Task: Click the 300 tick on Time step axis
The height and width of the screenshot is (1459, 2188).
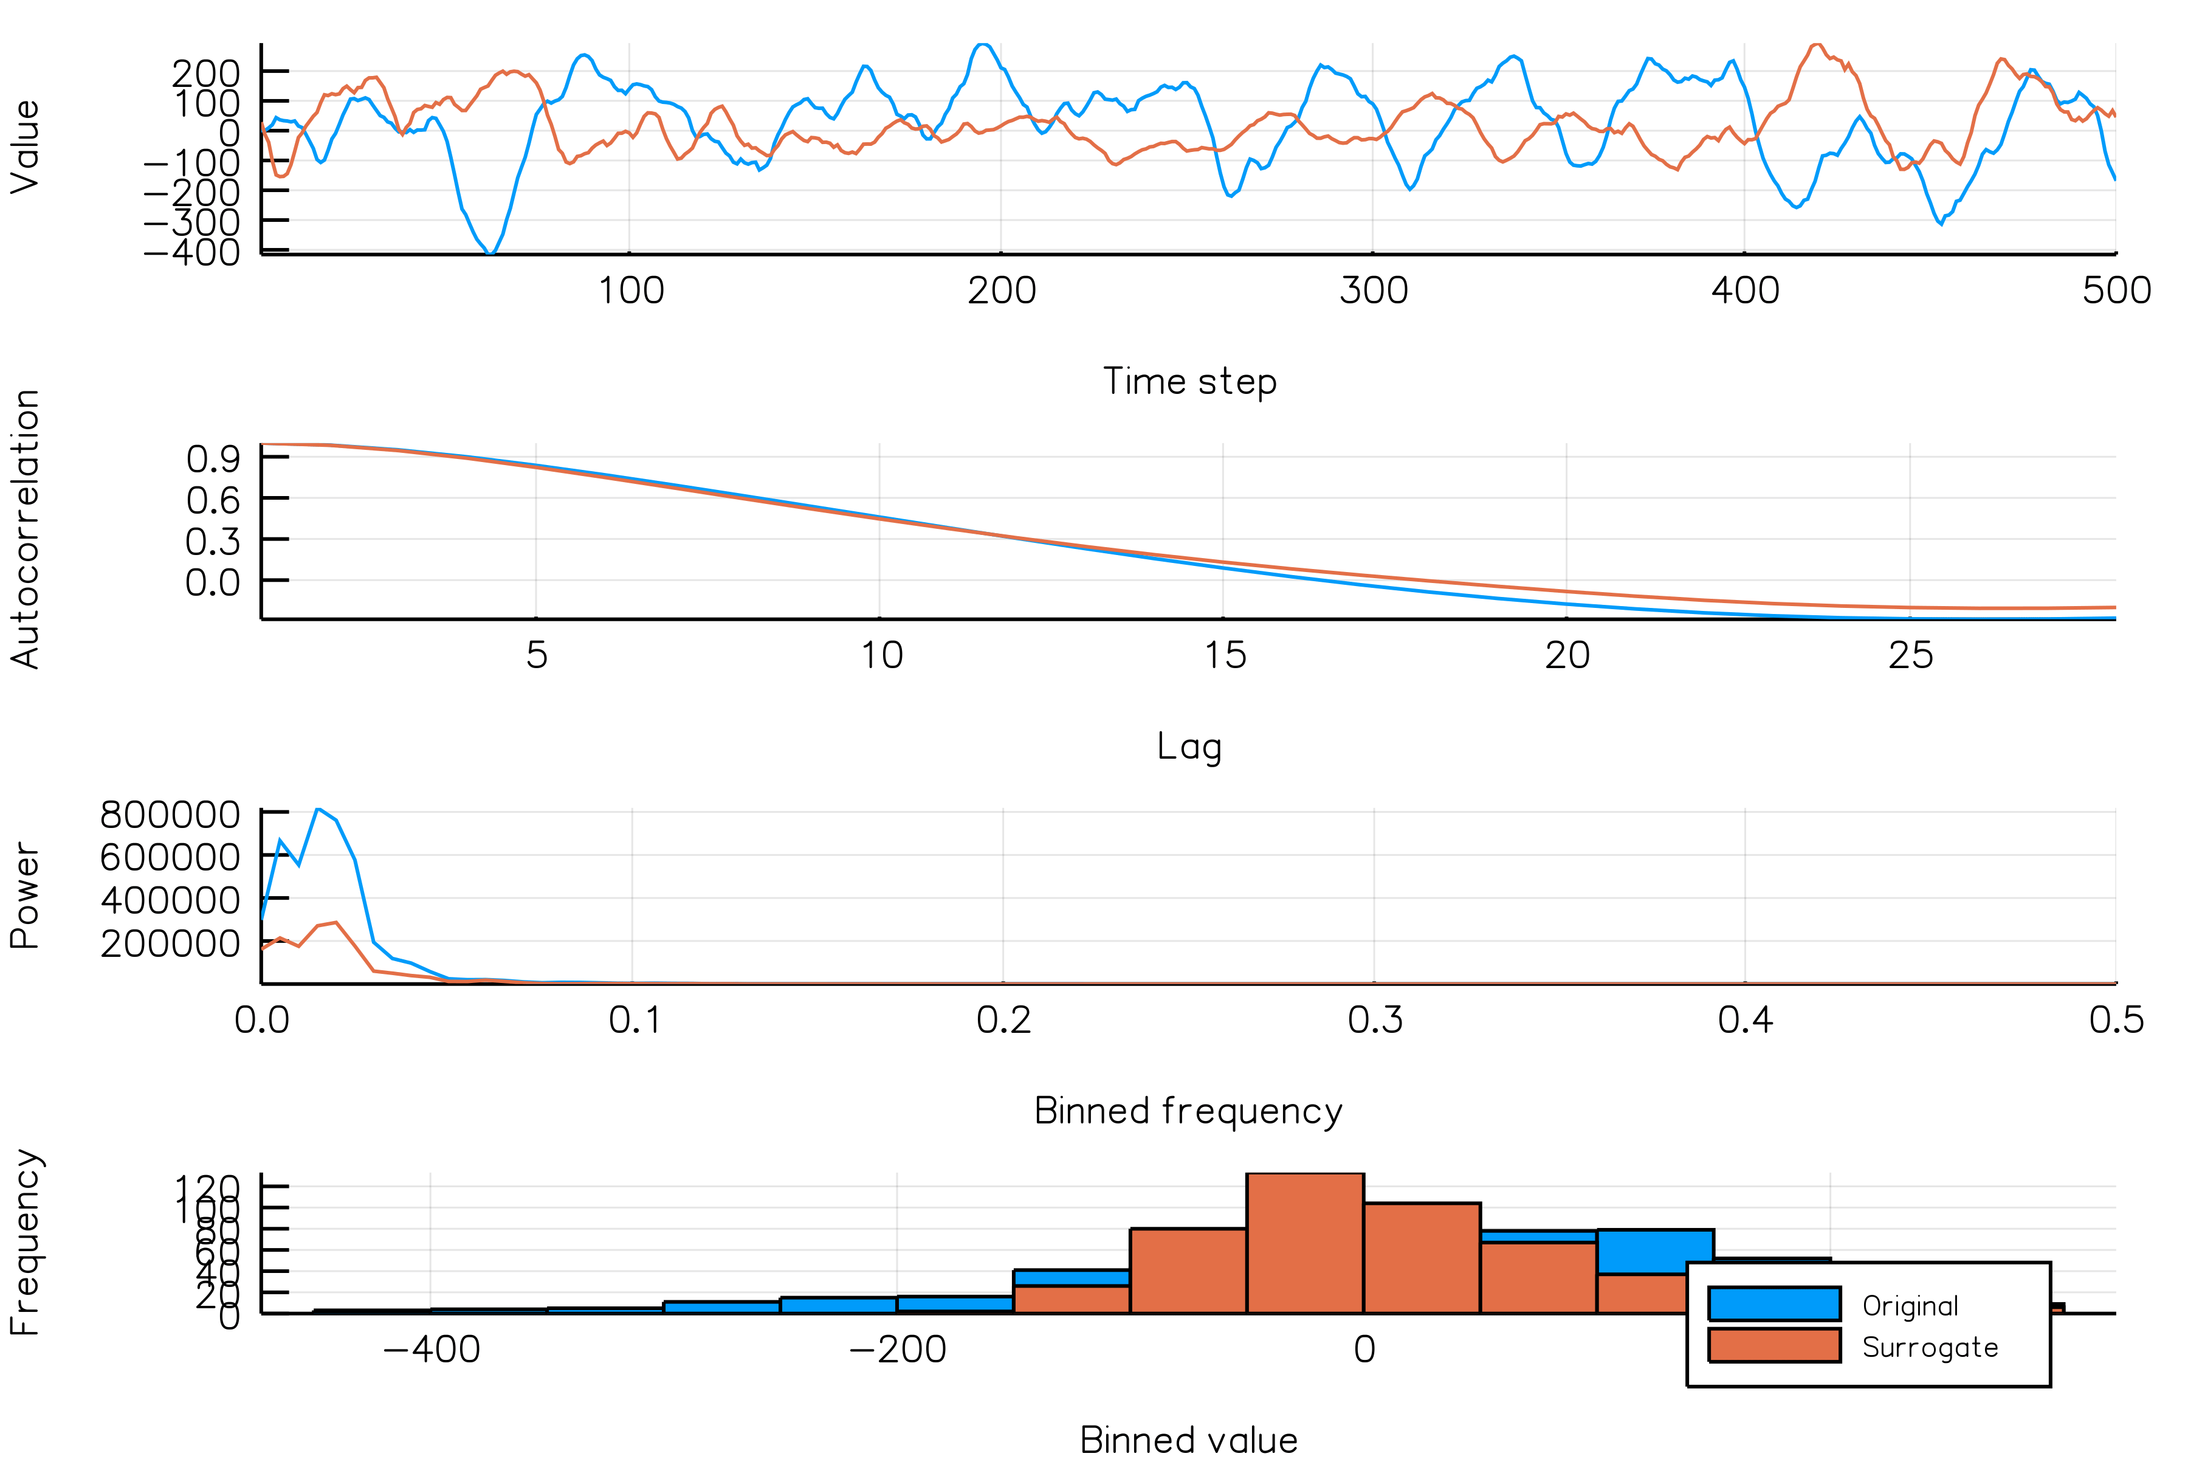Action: coord(1373,291)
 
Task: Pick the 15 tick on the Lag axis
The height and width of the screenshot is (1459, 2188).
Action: coord(1224,656)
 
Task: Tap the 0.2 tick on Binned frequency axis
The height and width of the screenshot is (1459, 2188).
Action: coord(1003,1021)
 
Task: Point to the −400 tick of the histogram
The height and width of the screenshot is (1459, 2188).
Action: coord(432,1349)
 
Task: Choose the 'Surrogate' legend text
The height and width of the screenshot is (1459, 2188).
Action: coord(1929,1347)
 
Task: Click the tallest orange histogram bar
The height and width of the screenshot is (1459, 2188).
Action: coord(1304,1243)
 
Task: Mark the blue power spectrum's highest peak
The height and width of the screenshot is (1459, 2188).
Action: coord(318,810)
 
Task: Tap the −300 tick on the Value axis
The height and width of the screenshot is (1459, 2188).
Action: coord(191,222)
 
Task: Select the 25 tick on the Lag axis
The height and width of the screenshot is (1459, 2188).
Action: coord(1910,656)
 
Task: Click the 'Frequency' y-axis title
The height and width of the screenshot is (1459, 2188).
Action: coord(26,1243)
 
